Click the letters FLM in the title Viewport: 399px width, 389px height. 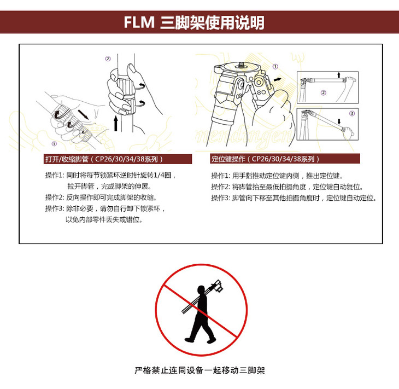pos(139,22)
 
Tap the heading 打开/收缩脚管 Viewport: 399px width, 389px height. pos(67,159)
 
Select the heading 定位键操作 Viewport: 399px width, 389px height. pos(228,159)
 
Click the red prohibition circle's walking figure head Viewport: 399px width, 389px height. pos(201,290)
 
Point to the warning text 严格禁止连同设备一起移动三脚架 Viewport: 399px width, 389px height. pos(199,370)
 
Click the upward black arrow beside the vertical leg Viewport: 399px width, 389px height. pos(116,123)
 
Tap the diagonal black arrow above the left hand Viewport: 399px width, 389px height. pos(83,114)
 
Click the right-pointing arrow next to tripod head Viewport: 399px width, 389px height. pos(278,79)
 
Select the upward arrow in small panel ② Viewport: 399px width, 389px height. pos(339,74)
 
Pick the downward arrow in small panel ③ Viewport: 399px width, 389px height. pos(339,121)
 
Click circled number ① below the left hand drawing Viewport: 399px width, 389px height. pos(54,144)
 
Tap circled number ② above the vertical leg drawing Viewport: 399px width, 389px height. pos(108,59)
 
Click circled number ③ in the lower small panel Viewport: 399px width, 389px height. pos(352,113)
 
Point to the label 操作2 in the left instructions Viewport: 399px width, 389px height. pos(55,198)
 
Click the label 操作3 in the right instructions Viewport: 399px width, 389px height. pos(221,198)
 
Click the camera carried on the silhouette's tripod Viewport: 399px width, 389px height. pos(218,286)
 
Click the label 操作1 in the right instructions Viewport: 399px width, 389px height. pos(221,176)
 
